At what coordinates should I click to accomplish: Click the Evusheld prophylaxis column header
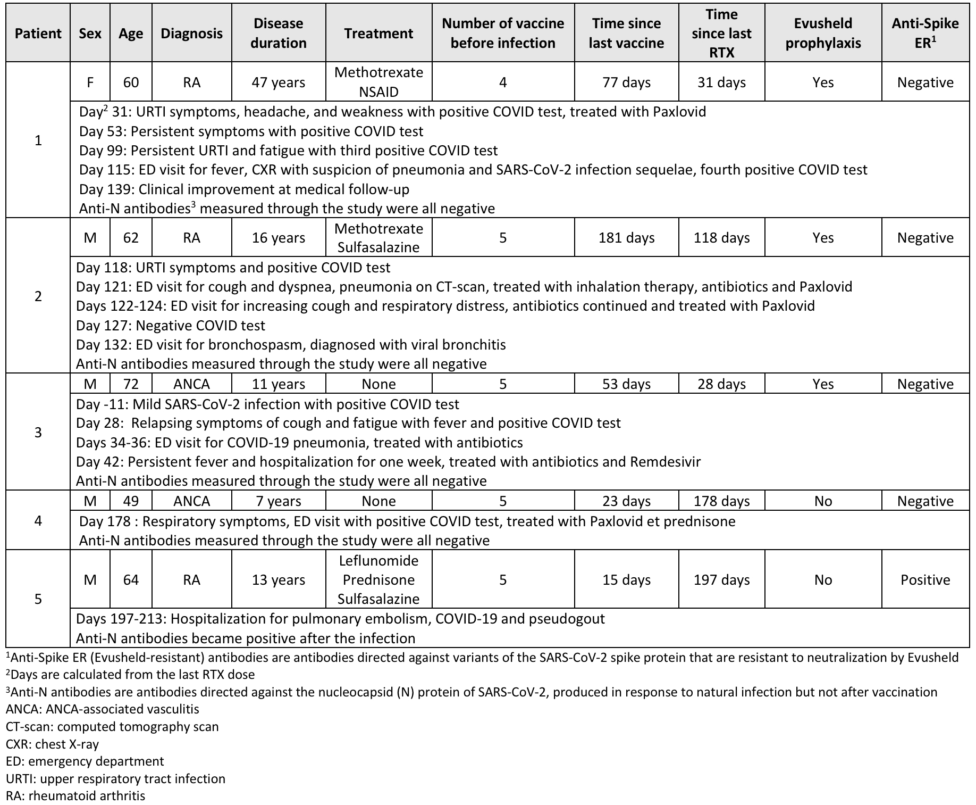coord(823,33)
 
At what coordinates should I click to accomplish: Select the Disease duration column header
coord(279,33)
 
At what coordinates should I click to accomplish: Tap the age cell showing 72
coord(131,384)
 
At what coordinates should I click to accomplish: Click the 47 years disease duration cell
coord(279,82)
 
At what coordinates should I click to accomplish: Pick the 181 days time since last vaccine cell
coord(626,238)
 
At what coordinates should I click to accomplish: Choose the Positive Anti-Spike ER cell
coord(925,579)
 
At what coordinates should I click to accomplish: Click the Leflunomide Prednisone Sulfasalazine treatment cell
coord(378,579)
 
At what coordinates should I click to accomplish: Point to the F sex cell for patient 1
coord(90,82)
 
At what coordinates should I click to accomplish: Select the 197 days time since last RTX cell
coord(721,579)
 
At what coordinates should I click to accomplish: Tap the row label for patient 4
coord(38,520)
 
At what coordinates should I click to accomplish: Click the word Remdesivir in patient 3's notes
coord(665,462)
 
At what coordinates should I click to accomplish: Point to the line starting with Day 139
coord(244,189)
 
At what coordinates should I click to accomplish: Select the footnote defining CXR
coord(52,744)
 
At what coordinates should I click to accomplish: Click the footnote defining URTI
coord(115,779)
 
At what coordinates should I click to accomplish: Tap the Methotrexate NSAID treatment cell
coord(378,82)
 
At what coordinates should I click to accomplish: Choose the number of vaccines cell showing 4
coord(503,82)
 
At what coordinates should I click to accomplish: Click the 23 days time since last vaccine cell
coord(626,501)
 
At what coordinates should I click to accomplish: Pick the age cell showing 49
coord(131,501)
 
